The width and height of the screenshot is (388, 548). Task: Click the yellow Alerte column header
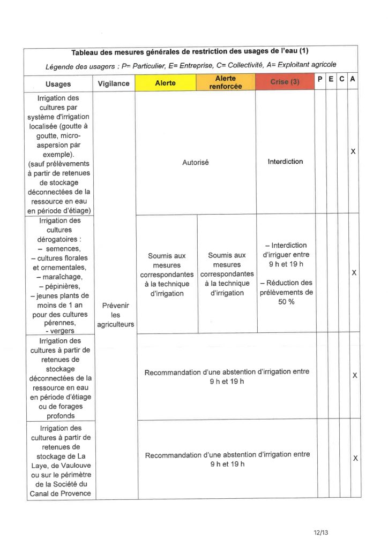[x=165, y=83]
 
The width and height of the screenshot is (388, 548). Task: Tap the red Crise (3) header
[x=285, y=82]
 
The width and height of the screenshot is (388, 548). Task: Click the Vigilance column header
[x=114, y=83]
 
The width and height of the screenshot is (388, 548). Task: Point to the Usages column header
[x=58, y=84]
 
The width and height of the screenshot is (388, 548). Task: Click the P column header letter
[x=320, y=79]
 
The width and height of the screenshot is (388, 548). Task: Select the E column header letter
[x=331, y=79]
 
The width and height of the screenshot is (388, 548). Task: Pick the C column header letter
[x=342, y=79]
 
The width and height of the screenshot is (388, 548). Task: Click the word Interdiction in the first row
[x=285, y=161]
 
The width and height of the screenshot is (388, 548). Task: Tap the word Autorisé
[x=196, y=162]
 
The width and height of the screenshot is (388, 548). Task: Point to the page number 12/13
[x=320, y=532]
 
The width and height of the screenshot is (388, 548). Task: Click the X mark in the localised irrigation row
[x=353, y=152]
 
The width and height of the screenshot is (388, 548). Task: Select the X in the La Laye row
[x=355, y=459]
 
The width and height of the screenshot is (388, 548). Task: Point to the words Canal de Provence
[x=59, y=493]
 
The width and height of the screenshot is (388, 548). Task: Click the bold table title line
[x=190, y=52]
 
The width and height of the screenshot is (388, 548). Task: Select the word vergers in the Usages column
[x=60, y=331]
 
